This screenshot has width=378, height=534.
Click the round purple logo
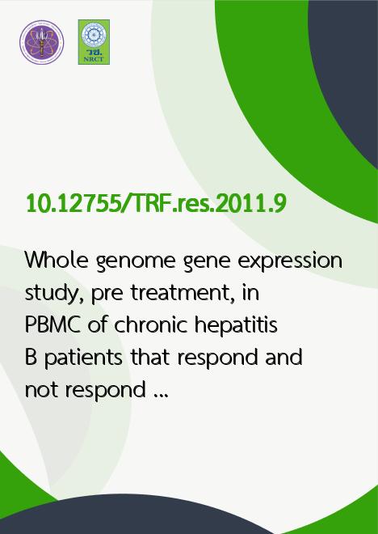pos(41,42)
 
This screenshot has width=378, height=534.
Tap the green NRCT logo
pos(94,42)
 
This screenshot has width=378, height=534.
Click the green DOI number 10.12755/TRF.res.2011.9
pos(157,203)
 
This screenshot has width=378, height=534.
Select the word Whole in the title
pos(57,261)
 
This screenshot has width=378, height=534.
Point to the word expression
pos(290,262)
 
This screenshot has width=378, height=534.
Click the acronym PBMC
pos(52,325)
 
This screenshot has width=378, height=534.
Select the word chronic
pos(150,324)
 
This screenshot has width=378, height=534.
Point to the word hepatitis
pos(236,326)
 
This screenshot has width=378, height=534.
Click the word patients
pos(83,358)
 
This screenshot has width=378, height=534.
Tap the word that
pos(150,357)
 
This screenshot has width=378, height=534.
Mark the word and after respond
pos(283,357)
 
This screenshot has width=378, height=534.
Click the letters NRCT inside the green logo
pos(94,59)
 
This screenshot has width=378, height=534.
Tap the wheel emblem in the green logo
pos(94,35)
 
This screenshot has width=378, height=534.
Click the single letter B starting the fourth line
pos(31,358)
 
